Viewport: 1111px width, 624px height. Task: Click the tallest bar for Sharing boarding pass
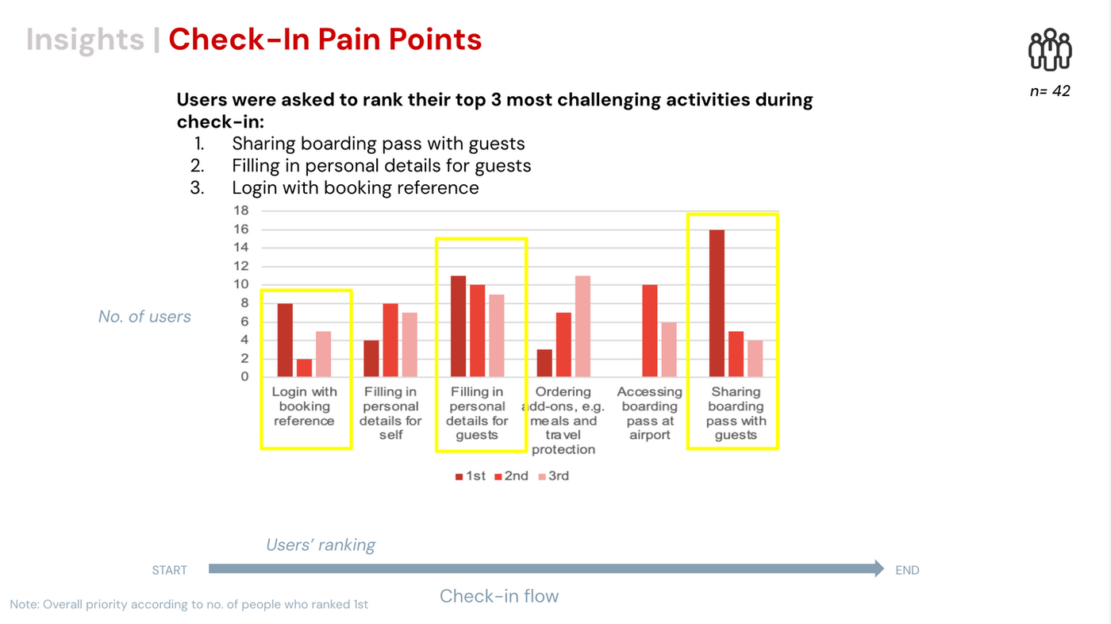click(717, 303)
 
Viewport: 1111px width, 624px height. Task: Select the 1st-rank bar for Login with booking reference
click(285, 340)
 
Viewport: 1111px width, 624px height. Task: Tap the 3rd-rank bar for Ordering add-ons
click(582, 326)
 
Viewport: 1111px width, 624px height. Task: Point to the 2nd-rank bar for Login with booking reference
click(304, 368)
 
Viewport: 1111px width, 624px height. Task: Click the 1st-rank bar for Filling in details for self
click(371, 358)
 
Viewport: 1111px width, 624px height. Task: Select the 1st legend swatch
click(459, 476)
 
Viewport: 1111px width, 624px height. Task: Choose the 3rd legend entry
click(553, 476)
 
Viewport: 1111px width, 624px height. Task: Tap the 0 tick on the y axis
click(244, 376)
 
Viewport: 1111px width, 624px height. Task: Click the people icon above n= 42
click(1050, 50)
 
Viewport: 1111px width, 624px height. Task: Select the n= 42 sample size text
click(1050, 91)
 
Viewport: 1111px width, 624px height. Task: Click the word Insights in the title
click(85, 39)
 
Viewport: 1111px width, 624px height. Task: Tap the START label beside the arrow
click(170, 570)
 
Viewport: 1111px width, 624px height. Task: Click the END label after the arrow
click(907, 570)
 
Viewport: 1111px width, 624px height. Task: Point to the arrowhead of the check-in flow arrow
click(879, 568)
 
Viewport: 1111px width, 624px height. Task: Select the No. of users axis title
click(144, 317)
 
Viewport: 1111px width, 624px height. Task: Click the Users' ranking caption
click(321, 545)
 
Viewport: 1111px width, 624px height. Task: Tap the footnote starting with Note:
click(189, 604)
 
